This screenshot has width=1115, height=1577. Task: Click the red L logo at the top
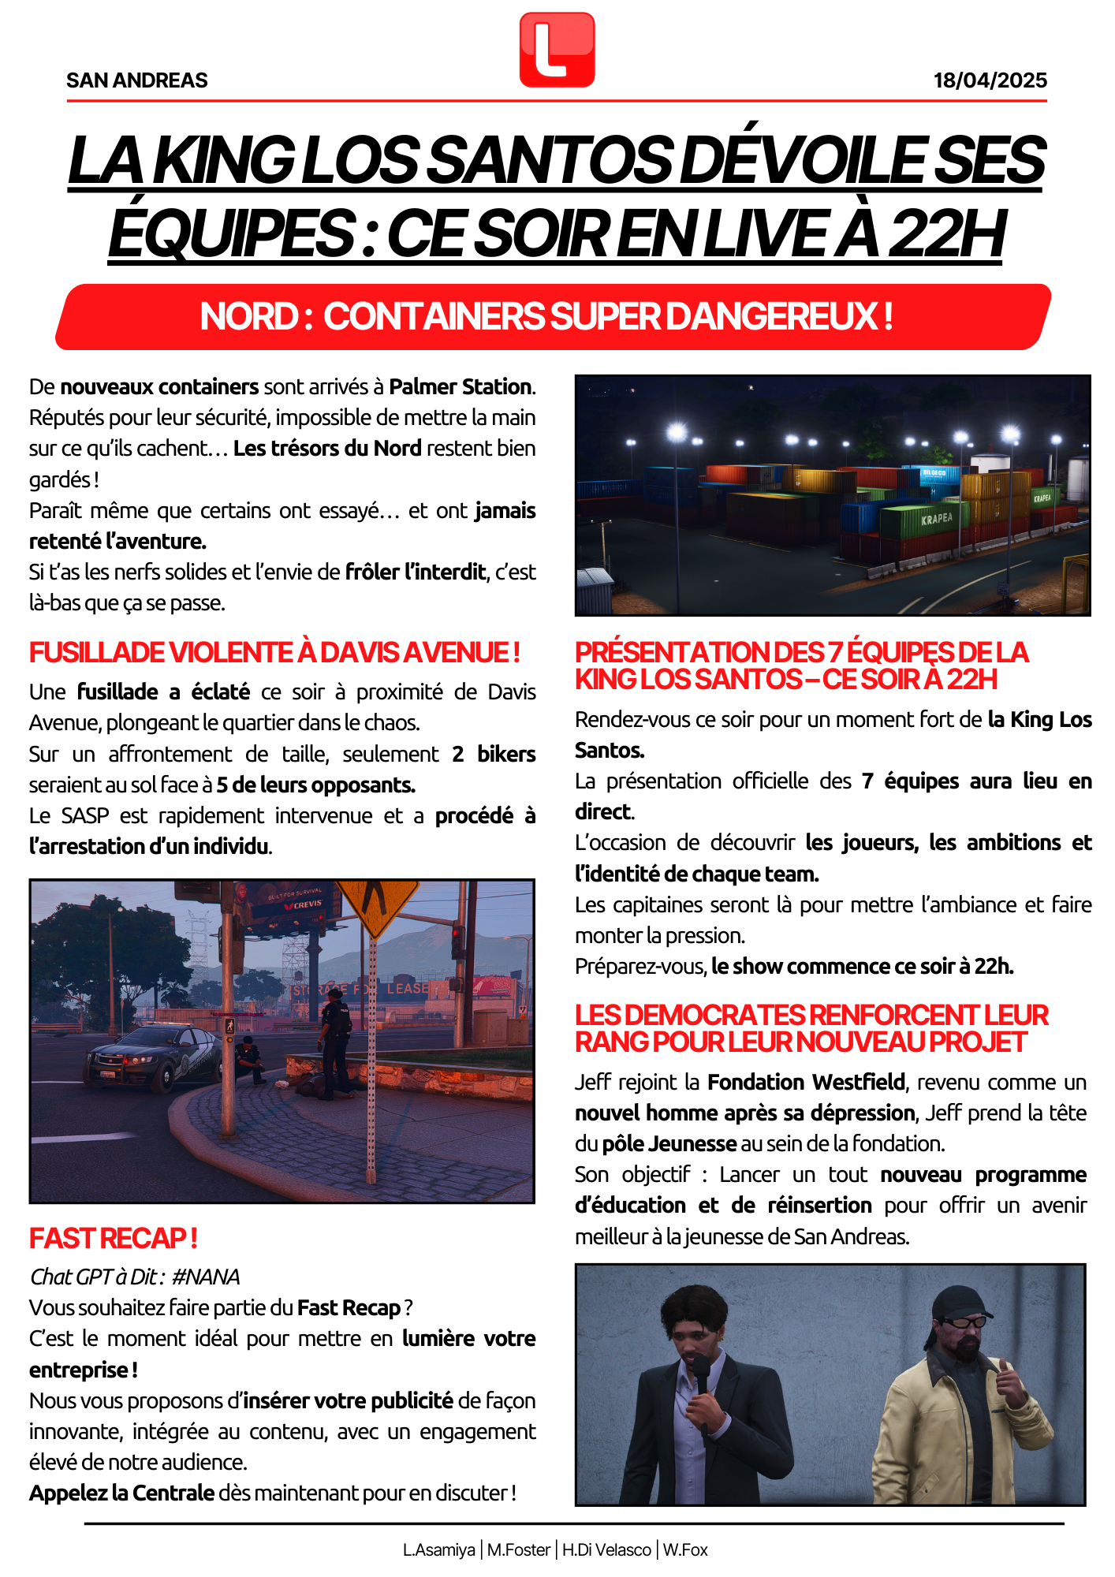pyautogui.click(x=557, y=50)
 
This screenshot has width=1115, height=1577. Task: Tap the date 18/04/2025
pyautogui.click(x=990, y=80)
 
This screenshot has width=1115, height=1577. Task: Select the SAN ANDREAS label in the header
pyautogui.click(x=137, y=80)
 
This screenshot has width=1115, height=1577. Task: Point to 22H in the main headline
pyautogui.click(x=946, y=234)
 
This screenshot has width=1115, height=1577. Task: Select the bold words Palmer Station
pyautogui.click(x=461, y=387)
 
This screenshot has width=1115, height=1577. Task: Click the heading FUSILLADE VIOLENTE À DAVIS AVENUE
pyautogui.click(x=274, y=653)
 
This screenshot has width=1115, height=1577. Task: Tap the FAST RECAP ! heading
pyautogui.click(x=113, y=1239)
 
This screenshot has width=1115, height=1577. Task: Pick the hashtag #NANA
pyautogui.click(x=205, y=1277)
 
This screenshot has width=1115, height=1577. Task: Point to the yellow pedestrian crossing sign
pyautogui.click(x=378, y=906)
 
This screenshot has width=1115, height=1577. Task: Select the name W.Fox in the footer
pyautogui.click(x=685, y=1550)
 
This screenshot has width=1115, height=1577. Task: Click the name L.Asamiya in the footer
pyautogui.click(x=439, y=1550)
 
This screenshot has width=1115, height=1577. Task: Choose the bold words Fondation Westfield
pyautogui.click(x=806, y=1083)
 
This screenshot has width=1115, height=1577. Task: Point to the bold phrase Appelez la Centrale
pyautogui.click(x=122, y=1493)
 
